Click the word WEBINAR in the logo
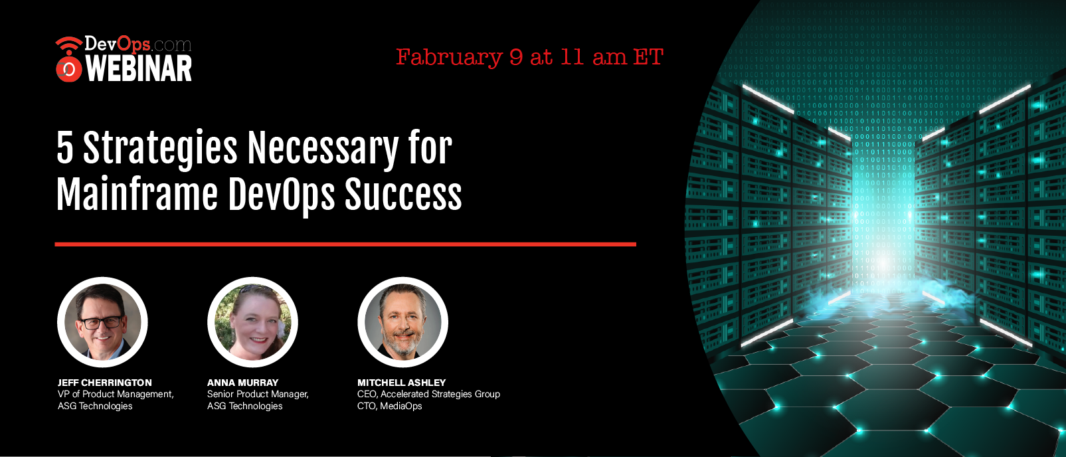coord(139,68)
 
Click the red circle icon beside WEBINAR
coord(69,69)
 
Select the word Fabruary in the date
coord(449,58)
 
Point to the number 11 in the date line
coord(572,57)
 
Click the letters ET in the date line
coord(648,57)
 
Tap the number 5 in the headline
coord(65,147)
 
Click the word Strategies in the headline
coord(160,149)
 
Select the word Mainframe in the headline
coord(137,195)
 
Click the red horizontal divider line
coord(345,244)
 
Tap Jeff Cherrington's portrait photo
coord(102,322)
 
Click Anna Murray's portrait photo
coord(252,322)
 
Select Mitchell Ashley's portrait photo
coord(402,322)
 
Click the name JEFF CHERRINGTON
coord(105,383)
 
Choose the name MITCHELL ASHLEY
coord(401,383)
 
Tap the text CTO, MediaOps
coord(389,406)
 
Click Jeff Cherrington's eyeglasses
coord(101,322)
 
